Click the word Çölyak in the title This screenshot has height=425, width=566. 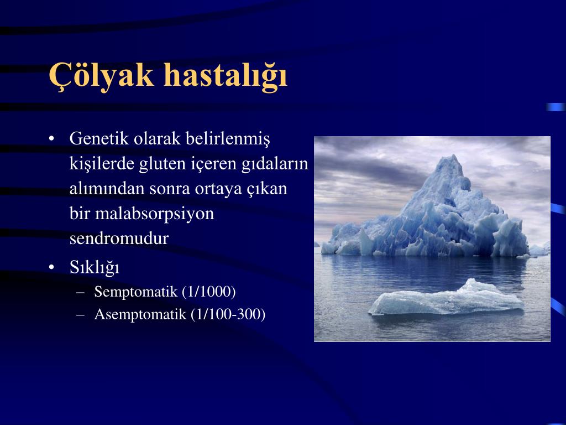102,75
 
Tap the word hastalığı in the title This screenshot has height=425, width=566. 226,75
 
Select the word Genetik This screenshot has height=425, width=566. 99,138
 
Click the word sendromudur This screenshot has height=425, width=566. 119,239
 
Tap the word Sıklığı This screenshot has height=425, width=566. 94,268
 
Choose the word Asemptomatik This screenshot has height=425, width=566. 140,314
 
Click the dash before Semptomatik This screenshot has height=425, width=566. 81,292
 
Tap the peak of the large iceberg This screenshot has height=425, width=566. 453,156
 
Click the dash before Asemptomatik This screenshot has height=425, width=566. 81,315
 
